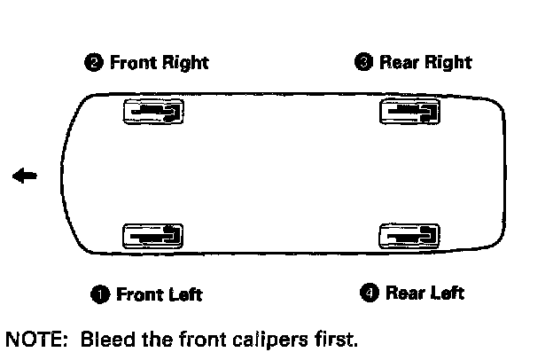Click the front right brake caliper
[154, 112]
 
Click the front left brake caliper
[154, 235]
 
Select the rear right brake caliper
[409, 112]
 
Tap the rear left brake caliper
[409, 235]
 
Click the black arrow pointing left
[25, 176]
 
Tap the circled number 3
[364, 62]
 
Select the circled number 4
[370, 292]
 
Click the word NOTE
[30, 339]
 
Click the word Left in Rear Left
[446, 292]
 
